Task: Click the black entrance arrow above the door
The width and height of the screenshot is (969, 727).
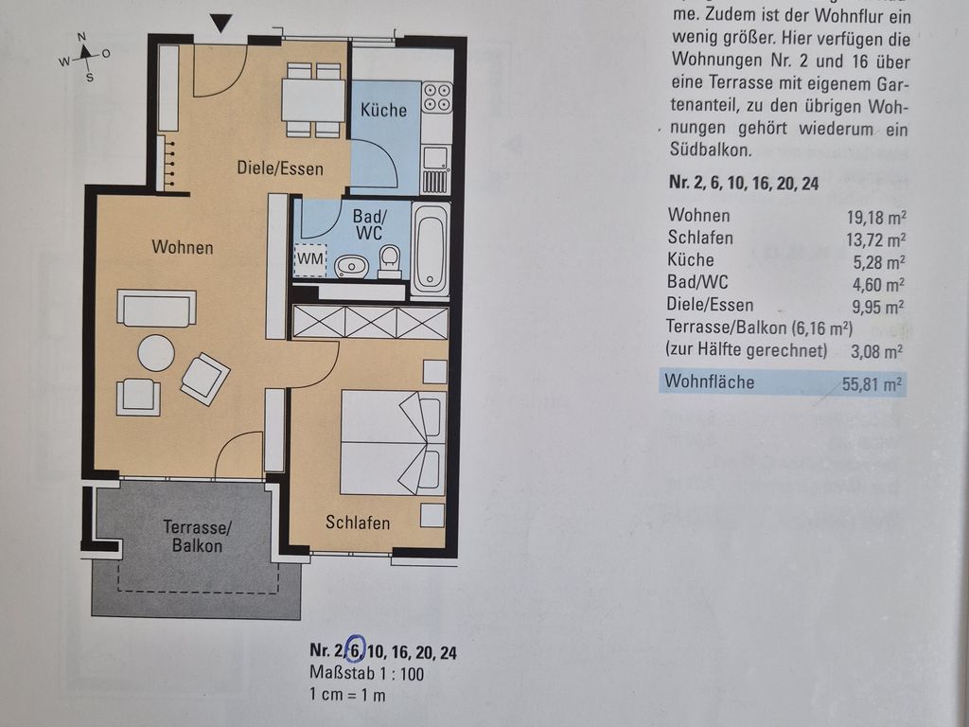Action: point(220,23)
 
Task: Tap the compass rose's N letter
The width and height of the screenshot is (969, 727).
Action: point(81,37)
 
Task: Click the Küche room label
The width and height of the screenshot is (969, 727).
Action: point(384,110)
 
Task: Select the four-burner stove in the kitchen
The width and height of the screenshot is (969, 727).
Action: point(437,98)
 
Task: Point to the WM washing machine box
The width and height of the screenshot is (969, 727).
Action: point(310,259)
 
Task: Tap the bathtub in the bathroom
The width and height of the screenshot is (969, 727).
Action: point(431,249)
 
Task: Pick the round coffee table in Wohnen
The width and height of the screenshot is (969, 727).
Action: point(156,353)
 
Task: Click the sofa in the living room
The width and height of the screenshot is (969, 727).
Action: point(157,308)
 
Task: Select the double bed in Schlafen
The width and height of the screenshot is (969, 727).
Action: point(393,442)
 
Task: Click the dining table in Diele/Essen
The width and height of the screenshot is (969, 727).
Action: point(313,100)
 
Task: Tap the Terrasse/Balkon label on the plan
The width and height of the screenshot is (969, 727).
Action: point(197,536)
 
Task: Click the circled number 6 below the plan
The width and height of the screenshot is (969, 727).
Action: point(357,649)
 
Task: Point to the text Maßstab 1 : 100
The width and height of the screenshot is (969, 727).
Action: point(367,673)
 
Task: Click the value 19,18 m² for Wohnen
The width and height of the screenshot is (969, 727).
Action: point(876,217)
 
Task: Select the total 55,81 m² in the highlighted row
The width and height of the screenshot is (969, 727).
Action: point(872,384)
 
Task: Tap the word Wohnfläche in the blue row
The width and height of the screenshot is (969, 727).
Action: point(710,381)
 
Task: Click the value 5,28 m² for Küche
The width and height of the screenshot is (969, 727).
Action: point(879,262)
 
